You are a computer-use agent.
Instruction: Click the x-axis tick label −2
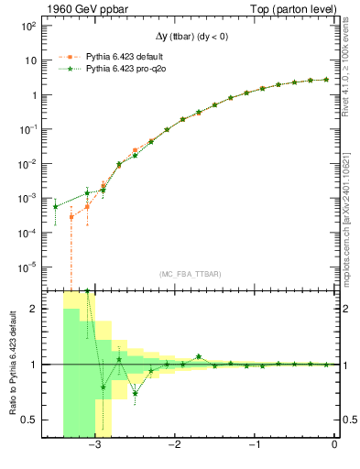click(174, 445)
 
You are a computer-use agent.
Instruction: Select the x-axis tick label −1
click(254, 445)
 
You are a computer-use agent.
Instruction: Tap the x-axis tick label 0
click(334, 445)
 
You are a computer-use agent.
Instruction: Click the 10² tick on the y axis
click(27, 26)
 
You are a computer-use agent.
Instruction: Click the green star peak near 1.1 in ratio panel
click(199, 356)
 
